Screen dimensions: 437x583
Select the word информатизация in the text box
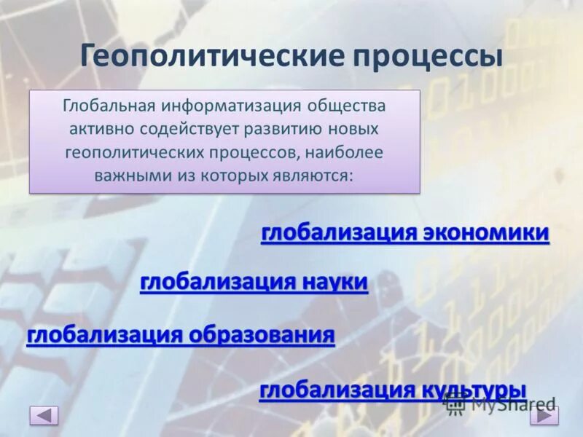coord(232,106)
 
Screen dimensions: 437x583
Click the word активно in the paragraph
coord(98,129)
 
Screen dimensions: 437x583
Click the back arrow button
coord(44,416)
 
